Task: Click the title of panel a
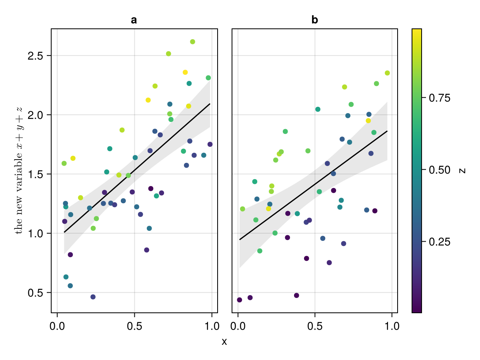point(134,20)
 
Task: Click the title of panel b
point(315,20)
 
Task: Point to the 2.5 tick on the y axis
point(36,56)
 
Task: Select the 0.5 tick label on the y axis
point(36,292)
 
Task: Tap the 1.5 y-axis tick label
point(36,174)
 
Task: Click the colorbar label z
point(463,170)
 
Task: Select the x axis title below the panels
point(224,342)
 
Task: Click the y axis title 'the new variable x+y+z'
point(19,170)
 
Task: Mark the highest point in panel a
point(192,42)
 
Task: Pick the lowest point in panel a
point(93,297)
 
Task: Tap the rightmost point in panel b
point(387,73)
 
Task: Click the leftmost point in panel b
point(240,300)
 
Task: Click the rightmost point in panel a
point(210,144)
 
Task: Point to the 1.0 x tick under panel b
point(392,326)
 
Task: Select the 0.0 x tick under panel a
point(57,326)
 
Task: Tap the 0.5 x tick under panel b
point(315,326)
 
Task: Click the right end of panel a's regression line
point(210,104)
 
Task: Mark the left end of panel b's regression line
point(240,240)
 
